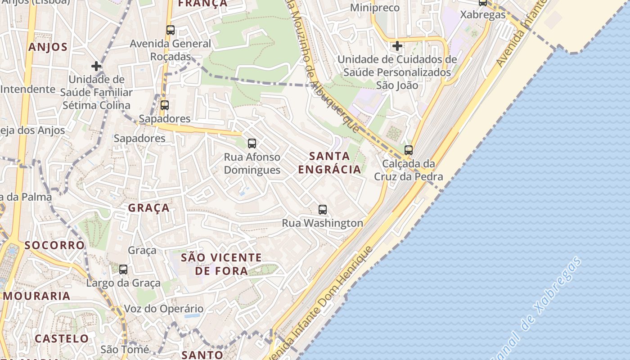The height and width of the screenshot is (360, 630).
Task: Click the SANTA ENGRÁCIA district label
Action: pyautogui.click(x=329, y=162)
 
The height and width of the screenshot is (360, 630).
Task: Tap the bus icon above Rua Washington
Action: pyautogui.click(x=322, y=209)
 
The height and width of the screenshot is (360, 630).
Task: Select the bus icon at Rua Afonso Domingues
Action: pyautogui.click(x=252, y=144)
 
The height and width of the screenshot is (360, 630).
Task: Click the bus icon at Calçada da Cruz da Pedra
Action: pyautogui.click(x=409, y=150)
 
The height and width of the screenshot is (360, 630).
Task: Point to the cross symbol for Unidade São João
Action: pyautogui.click(x=397, y=46)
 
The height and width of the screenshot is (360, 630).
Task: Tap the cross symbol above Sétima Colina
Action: pyautogui.click(x=96, y=67)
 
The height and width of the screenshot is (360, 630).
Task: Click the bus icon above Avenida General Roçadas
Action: pyautogui.click(x=170, y=30)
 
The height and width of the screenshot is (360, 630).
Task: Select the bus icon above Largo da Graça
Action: pyautogui.click(x=123, y=270)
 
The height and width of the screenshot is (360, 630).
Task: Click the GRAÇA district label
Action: pyautogui.click(x=149, y=208)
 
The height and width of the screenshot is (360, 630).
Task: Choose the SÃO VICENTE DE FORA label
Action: pyautogui.click(x=221, y=264)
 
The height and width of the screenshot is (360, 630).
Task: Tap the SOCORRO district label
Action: pyautogui.click(x=54, y=245)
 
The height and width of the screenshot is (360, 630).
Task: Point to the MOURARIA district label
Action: pyautogui.click(x=37, y=296)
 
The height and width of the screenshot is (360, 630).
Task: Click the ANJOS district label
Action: pyautogui.click(x=48, y=47)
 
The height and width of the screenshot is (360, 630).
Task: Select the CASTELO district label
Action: pyautogui.click(x=62, y=338)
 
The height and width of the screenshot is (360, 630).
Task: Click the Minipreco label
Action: pyautogui.click(x=374, y=8)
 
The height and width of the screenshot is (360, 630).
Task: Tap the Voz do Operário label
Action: pyautogui.click(x=163, y=309)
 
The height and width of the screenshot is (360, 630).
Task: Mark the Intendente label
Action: pyautogui.click(x=28, y=89)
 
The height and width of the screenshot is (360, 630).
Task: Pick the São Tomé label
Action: pyautogui.click(x=125, y=349)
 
